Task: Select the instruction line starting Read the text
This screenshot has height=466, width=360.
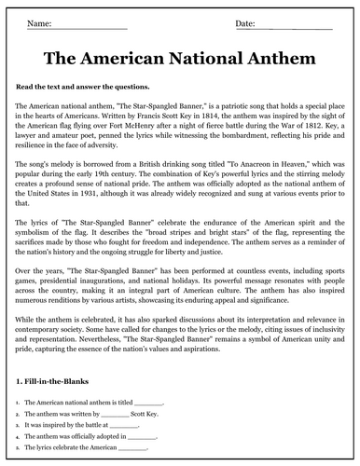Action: [85, 85]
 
